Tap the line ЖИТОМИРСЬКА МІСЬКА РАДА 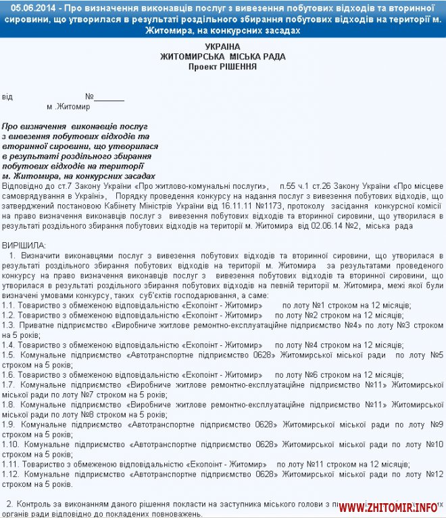click(222, 57)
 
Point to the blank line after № click(109, 96)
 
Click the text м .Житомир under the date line click(68, 107)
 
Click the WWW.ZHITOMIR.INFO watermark click(389, 507)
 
